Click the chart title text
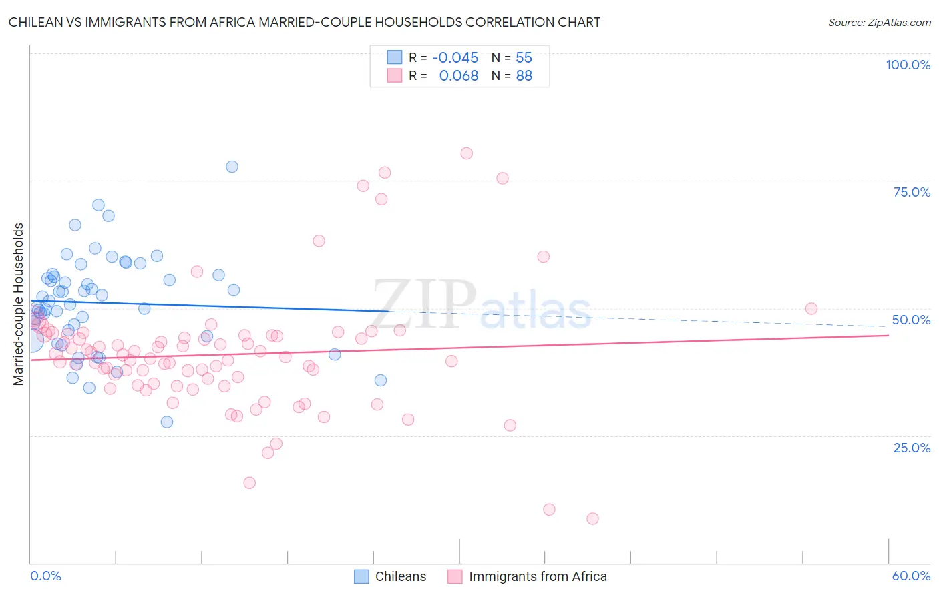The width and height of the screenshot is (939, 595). coord(305,22)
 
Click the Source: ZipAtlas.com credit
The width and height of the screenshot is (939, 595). coord(879,22)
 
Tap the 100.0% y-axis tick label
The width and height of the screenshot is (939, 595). coord(908,65)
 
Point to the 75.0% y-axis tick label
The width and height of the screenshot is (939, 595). coord(912,192)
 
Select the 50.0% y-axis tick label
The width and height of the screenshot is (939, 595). coord(911,320)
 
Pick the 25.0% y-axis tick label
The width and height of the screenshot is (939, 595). coord(912,447)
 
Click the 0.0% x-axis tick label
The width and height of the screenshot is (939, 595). coord(45,576)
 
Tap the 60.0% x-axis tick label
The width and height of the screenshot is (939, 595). coord(911,576)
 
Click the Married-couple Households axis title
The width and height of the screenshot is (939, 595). coord(19,304)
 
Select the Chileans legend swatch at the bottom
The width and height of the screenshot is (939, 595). coord(361,576)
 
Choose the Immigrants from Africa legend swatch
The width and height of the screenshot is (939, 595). coord(455,576)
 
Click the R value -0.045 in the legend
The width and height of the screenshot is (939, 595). coord(455,58)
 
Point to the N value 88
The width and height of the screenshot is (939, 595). coord(524,76)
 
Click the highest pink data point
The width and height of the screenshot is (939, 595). coord(466,153)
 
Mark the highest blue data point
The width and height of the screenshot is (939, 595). coord(232,167)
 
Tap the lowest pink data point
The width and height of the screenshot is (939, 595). coord(592,518)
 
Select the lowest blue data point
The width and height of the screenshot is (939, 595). coord(167,422)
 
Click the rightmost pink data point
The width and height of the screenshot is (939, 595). coord(811,308)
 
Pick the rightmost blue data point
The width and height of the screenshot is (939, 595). coord(381,380)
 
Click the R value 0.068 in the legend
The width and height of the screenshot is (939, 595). coord(458,76)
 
